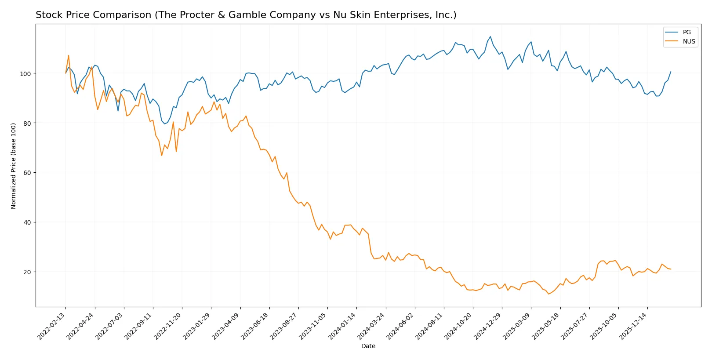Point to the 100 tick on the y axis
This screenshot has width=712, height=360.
tap(25, 74)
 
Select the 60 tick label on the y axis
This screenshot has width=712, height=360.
tap(27, 173)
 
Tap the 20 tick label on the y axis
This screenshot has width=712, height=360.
tap(27, 272)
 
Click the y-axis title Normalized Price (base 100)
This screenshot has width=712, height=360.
tap(14, 166)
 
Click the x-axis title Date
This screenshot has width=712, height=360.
tap(368, 346)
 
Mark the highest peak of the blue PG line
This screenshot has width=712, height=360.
tap(490, 37)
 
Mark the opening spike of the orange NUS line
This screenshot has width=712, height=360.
tap(69, 55)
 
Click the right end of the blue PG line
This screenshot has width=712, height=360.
tap(671, 72)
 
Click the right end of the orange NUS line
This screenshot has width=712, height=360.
tap(671, 269)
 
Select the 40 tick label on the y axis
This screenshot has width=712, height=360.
tap(27, 222)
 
